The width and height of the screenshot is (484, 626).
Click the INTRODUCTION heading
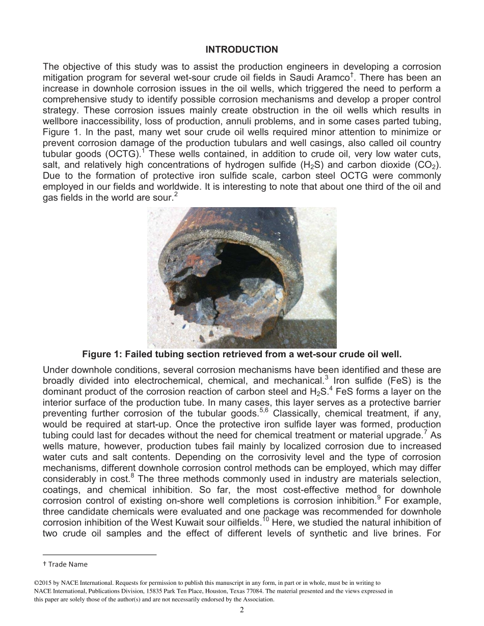coord(241,49)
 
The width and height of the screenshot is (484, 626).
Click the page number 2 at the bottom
coord(242,610)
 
